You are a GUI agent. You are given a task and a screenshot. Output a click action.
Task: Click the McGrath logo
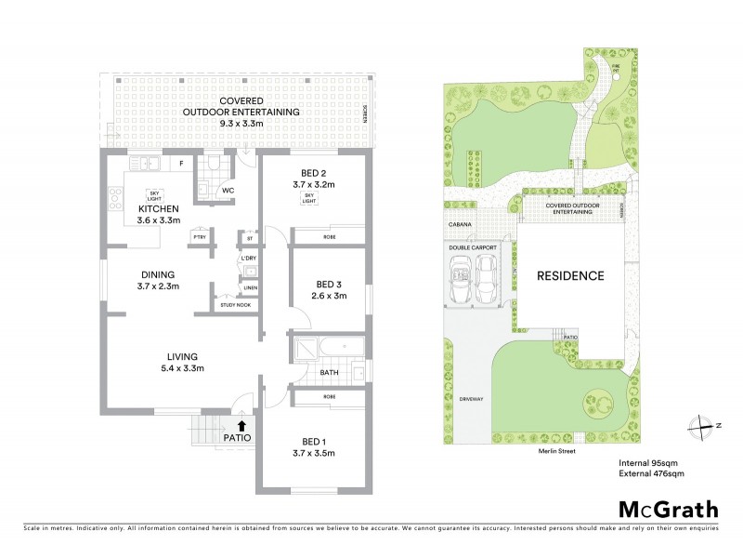(668, 509)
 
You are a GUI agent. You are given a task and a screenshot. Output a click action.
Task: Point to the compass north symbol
(697, 425)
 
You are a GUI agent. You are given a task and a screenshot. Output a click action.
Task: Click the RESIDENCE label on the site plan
(569, 275)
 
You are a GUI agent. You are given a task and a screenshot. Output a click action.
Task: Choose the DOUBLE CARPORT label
(473, 247)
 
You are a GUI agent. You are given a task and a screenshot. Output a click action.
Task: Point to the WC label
(225, 191)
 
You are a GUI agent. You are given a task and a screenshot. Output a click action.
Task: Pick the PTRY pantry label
(199, 238)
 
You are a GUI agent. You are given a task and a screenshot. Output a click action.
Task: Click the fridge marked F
(182, 165)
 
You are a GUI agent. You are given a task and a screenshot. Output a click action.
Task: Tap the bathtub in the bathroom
(330, 351)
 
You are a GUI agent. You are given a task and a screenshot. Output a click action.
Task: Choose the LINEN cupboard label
(250, 288)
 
